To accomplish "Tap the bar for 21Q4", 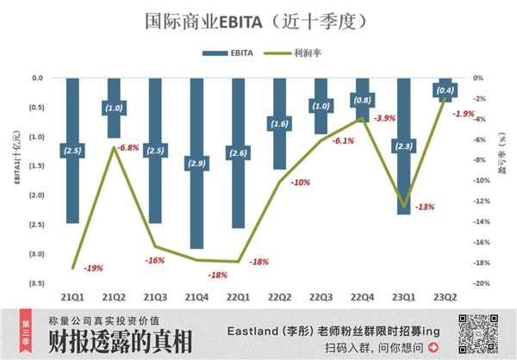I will pos(196,163).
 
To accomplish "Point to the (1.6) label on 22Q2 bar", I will pos(279,124).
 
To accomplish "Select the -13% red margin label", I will pos(425,208).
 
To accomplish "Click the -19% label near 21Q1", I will pos(93,268).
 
